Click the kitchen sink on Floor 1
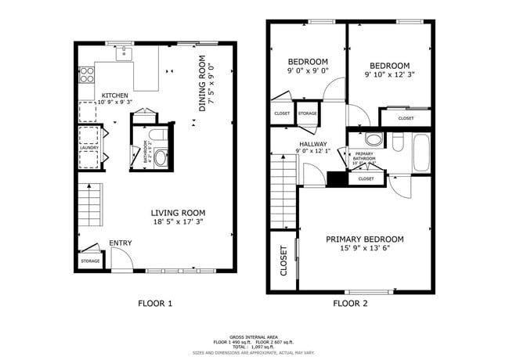pyautogui.click(x=123, y=53)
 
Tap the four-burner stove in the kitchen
pyautogui.click(x=86, y=75)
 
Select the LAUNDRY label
pyautogui.click(x=88, y=146)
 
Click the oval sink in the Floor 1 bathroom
pyautogui.click(x=161, y=157)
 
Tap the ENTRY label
pyautogui.click(x=120, y=243)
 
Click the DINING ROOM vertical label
pyautogui.click(x=202, y=82)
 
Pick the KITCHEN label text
pyautogui.click(x=114, y=96)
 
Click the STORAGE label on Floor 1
pyautogui.click(x=90, y=261)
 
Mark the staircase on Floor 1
pyautogui.click(x=91, y=204)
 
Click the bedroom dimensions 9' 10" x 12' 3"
pyautogui.click(x=389, y=75)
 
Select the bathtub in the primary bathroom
pyautogui.click(x=421, y=153)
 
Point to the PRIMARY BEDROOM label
pyautogui.click(x=364, y=239)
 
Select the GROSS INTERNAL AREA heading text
pyautogui.click(x=254, y=334)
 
